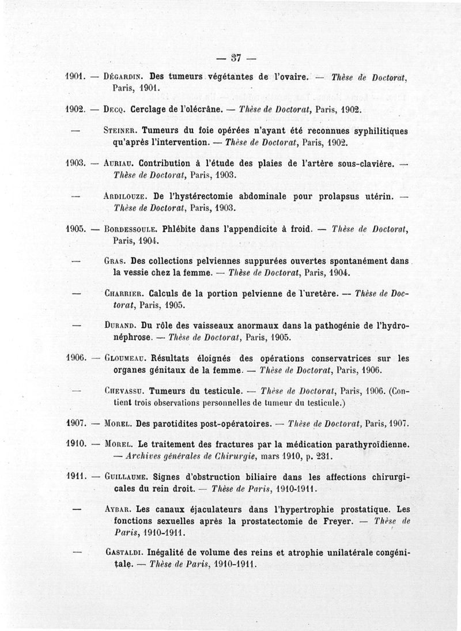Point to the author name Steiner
pos(119,131)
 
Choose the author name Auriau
pos(120,164)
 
